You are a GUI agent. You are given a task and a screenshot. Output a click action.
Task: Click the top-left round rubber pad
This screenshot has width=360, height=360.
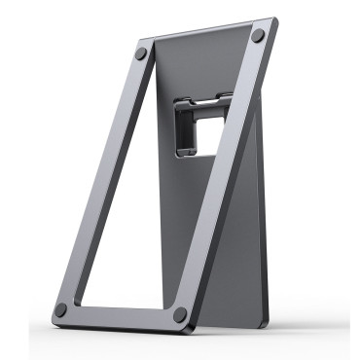142,55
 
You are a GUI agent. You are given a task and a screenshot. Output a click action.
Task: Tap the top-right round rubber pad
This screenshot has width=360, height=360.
258,36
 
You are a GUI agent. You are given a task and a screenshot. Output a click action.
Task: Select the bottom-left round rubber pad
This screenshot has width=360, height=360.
61,309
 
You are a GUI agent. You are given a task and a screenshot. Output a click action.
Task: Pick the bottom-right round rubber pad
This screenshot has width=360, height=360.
180,315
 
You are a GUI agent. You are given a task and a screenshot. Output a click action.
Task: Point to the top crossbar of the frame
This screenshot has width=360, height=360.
199,44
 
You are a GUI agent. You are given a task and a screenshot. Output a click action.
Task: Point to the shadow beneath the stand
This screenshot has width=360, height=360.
195,336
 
